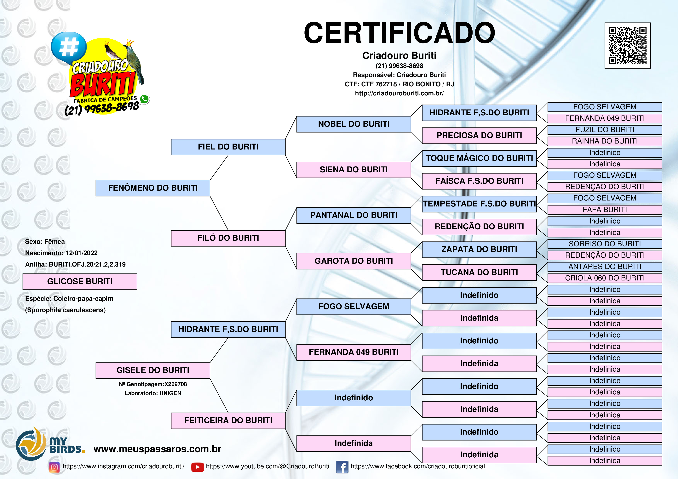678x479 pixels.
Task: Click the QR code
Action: click(628, 45)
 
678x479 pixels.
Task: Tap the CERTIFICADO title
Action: click(399, 33)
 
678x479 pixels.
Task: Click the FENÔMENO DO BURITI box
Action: click(153, 188)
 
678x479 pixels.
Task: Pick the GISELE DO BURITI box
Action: click(153, 370)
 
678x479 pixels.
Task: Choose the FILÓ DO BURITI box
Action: click(228, 238)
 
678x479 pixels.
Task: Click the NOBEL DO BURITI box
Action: click(353, 124)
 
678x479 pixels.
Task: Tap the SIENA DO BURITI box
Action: click(353, 170)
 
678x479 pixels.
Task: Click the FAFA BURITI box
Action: click(605, 210)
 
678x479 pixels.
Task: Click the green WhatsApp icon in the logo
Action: click(144, 99)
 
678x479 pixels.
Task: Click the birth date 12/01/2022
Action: click(82, 253)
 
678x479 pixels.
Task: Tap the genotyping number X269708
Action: click(176, 384)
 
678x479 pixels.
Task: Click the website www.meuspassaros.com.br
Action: click(157, 449)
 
